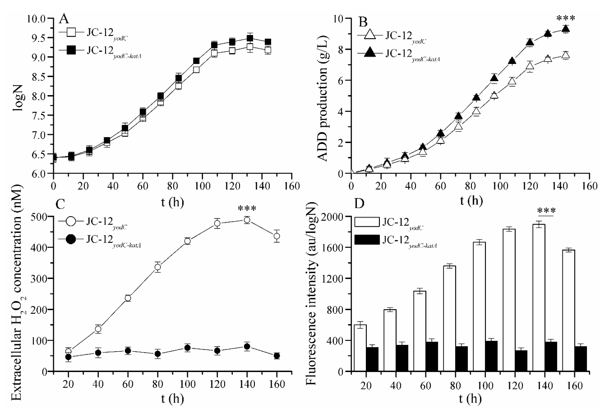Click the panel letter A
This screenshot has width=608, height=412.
[x=64, y=20]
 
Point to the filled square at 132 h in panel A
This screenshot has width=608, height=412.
[x=250, y=39]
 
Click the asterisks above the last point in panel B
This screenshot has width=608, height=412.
[x=566, y=19]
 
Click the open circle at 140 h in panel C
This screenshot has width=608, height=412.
[x=247, y=220]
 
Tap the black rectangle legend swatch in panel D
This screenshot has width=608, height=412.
[x=367, y=240]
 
